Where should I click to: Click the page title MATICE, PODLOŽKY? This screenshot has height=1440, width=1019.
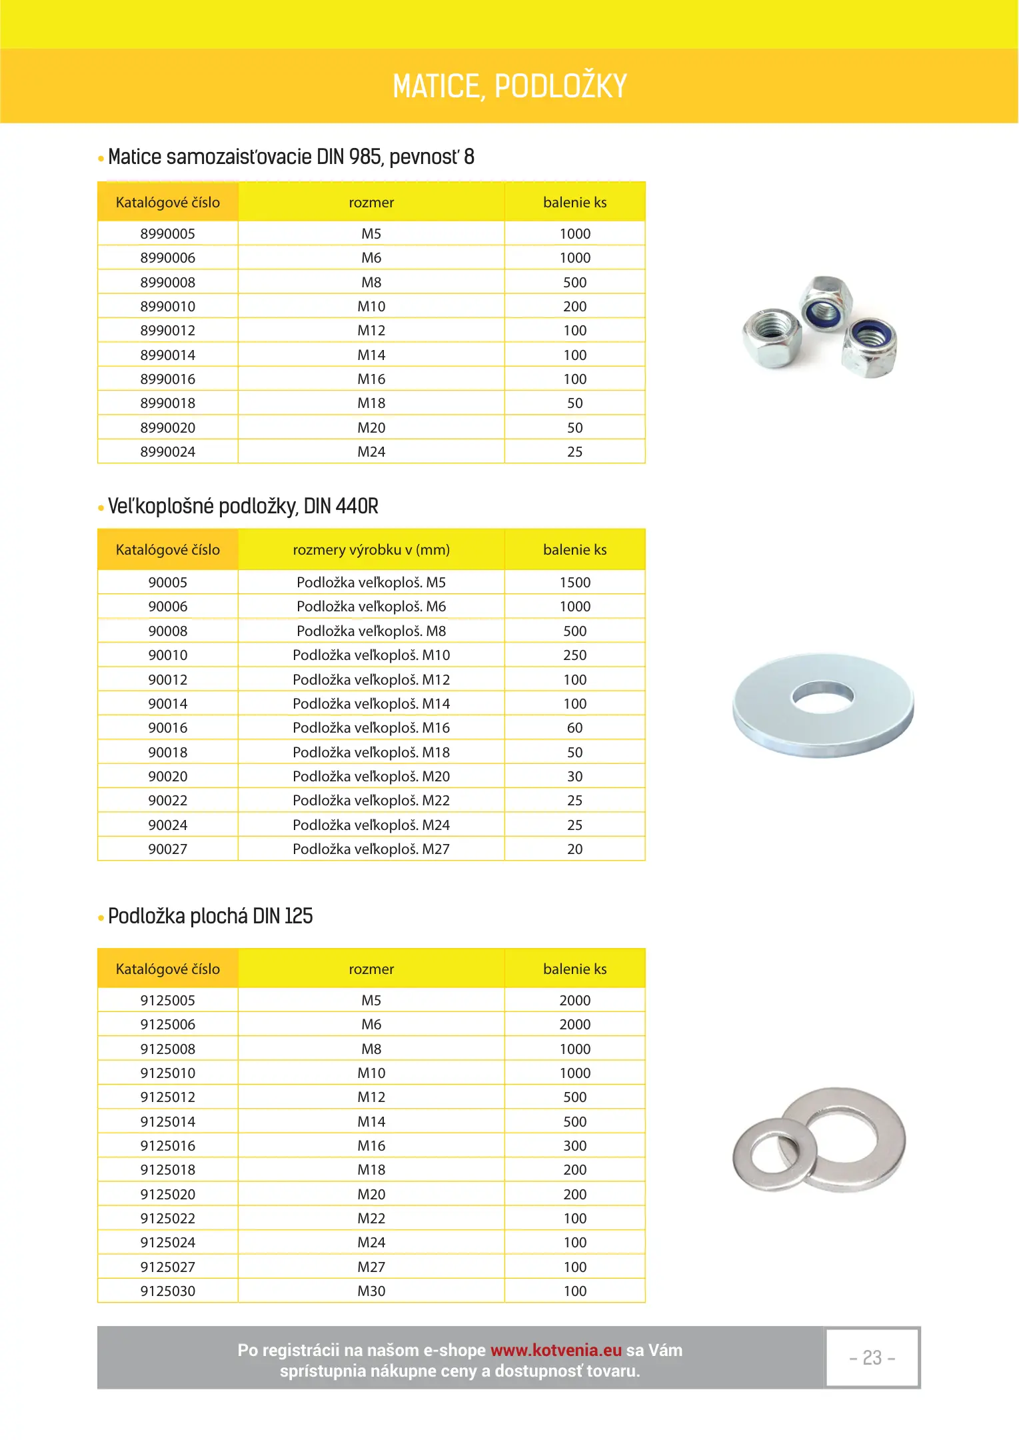pyautogui.click(x=509, y=86)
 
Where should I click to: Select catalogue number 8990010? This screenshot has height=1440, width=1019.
pyautogui.click(x=167, y=307)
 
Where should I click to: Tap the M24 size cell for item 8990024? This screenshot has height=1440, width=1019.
pyautogui.click(x=371, y=452)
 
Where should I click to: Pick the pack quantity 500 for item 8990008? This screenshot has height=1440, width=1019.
pyautogui.click(x=574, y=283)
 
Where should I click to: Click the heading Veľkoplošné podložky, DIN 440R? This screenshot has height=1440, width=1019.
pyautogui.click(x=243, y=507)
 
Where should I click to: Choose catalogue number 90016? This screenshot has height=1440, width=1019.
pyautogui.click(x=167, y=728)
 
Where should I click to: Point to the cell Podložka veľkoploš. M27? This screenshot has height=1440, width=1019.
pyautogui.click(x=371, y=849)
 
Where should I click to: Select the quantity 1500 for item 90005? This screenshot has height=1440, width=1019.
pyautogui.click(x=574, y=583)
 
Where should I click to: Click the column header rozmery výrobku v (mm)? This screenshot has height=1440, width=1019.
pyautogui.click(x=371, y=550)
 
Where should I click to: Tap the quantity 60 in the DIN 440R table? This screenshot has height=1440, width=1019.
pyautogui.click(x=574, y=728)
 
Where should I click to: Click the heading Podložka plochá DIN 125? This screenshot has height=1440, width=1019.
pyautogui.click(x=210, y=917)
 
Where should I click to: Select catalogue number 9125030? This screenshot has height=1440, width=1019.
pyautogui.click(x=167, y=1291)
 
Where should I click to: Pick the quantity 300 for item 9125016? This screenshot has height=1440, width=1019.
pyautogui.click(x=574, y=1146)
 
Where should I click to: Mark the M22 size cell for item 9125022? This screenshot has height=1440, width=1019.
pyautogui.click(x=371, y=1219)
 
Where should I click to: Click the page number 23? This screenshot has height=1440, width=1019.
pyautogui.click(x=872, y=1358)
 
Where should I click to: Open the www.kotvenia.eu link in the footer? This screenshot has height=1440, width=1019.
pyautogui.click(x=556, y=1350)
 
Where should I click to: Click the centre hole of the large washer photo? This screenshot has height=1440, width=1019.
pyautogui.click(x=822, y=695)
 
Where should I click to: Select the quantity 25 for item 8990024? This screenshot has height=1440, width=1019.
pyautogui.click(x=574, y=452)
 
